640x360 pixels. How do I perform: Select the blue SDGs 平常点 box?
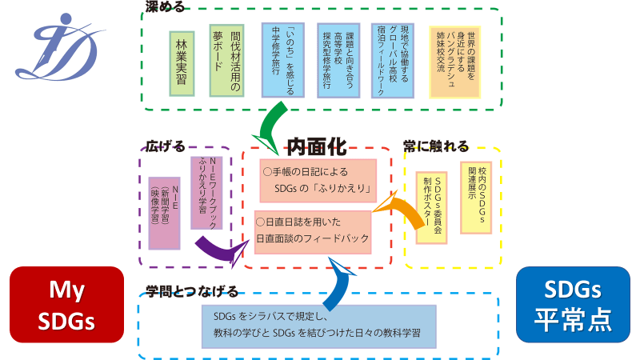point(573,305)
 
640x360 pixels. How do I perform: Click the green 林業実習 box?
point(183,63)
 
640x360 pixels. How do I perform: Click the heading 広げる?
point(165,146)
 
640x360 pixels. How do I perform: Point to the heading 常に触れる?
point(436,146)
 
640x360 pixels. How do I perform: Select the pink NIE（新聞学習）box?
point(165,213)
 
